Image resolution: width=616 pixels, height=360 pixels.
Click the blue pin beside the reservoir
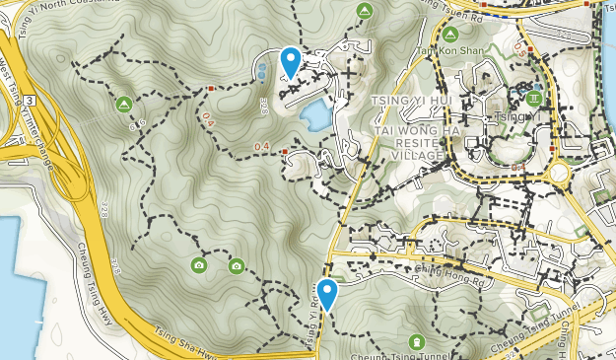click(x=291, y=62)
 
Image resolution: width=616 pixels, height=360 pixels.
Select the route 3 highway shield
click(x=32, y=101)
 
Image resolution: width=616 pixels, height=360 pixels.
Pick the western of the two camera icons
click(x=199, y=265)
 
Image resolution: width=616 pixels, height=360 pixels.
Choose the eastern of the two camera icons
click(x=237, y=265)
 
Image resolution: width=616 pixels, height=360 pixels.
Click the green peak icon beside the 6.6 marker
click(x=124, y=104)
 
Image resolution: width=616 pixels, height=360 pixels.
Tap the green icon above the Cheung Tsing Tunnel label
click(x=416, y=341)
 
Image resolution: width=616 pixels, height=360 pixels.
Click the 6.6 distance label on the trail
click(x=137, y=124)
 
